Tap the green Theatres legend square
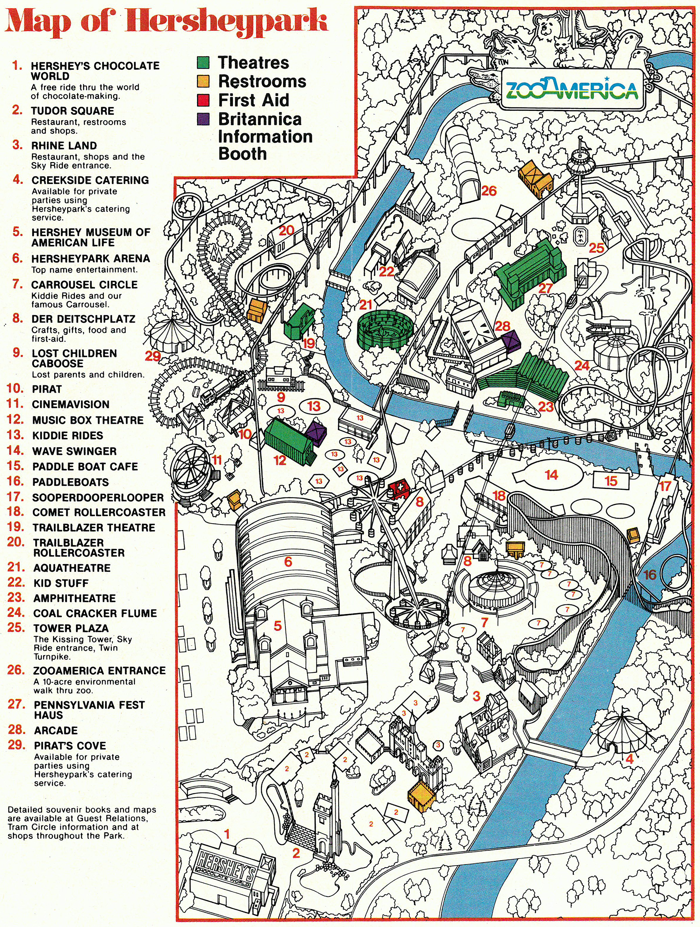[203, 62]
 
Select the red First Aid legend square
[203, 100]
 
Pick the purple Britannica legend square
[203, 119]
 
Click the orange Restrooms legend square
[203, 81]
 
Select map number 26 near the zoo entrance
[489, 191]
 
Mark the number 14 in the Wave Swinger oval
[551, 475]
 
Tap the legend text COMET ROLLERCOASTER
[99, 513]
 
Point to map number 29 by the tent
[153, 356]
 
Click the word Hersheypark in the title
[228, 22]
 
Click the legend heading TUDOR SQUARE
[72, 111]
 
